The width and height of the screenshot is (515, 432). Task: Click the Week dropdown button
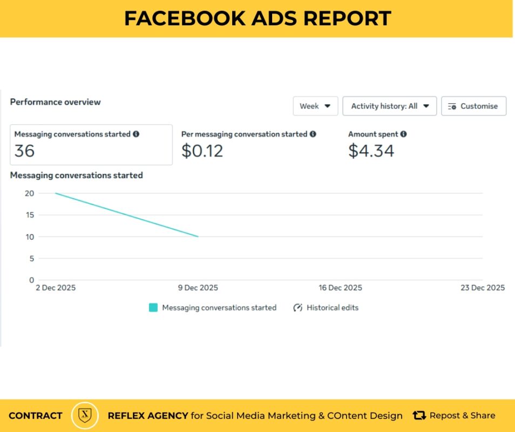[315, 106]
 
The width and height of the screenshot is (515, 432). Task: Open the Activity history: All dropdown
[389, 106]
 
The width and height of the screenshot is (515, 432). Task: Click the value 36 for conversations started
[25, 151]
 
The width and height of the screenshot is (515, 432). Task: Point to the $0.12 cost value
[202, 151]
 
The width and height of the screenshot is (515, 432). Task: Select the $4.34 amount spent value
[371, 151]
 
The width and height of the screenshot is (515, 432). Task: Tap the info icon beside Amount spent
[404, 134]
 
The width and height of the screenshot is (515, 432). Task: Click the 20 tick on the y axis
[29, 193]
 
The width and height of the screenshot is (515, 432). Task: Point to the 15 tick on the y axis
[29, 215]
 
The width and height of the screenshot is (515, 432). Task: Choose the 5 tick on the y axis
[31, 258]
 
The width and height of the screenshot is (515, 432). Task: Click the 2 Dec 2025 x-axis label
[56, 288]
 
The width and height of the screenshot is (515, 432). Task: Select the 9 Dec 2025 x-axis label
[198, 288]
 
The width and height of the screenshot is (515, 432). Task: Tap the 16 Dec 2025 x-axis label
[341, 288]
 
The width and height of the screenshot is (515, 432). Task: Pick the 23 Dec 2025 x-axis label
[483, 288]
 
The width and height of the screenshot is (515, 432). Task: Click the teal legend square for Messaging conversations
[153, 308]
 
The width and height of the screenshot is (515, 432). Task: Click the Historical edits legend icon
[297, 308]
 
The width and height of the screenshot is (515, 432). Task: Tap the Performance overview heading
[56, 102]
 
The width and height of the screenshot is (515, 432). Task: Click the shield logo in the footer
[85, 415]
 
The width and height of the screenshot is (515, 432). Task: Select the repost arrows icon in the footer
[419, 415]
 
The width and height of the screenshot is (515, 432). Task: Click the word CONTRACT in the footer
[36, 416]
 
